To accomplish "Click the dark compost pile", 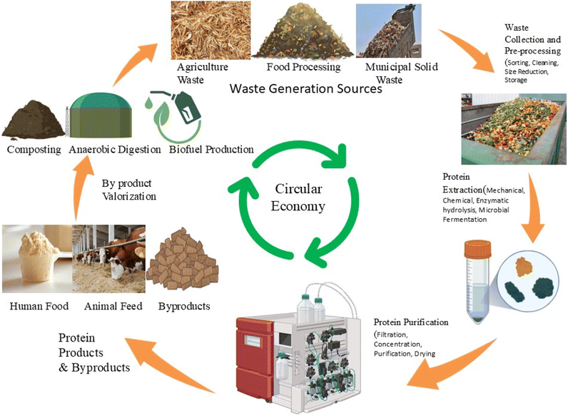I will (32, 121).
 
